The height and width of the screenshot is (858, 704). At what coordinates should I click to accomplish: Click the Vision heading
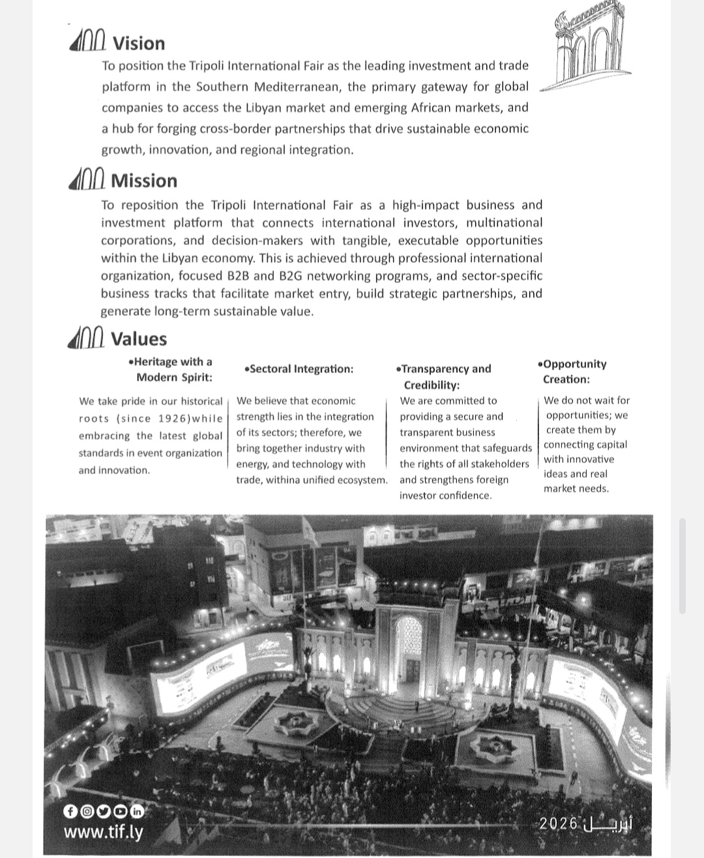coord(138,44)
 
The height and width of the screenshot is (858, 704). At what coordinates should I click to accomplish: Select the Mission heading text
coord(144,181)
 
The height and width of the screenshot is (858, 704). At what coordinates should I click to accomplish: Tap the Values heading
coord(139,339)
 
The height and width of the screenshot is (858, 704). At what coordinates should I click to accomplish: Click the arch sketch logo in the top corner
coord(587,52)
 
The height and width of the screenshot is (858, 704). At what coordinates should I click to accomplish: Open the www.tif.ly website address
coord(103,833)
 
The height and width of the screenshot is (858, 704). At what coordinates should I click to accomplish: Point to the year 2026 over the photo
coord(559,823)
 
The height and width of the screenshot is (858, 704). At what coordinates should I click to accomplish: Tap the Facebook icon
coord(70,812)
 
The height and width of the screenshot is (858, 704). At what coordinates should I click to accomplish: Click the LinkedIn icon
coord(137,812)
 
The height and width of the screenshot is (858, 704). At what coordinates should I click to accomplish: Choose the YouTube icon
coord(120,812)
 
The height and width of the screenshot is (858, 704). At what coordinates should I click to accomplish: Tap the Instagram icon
coord(86,812)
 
